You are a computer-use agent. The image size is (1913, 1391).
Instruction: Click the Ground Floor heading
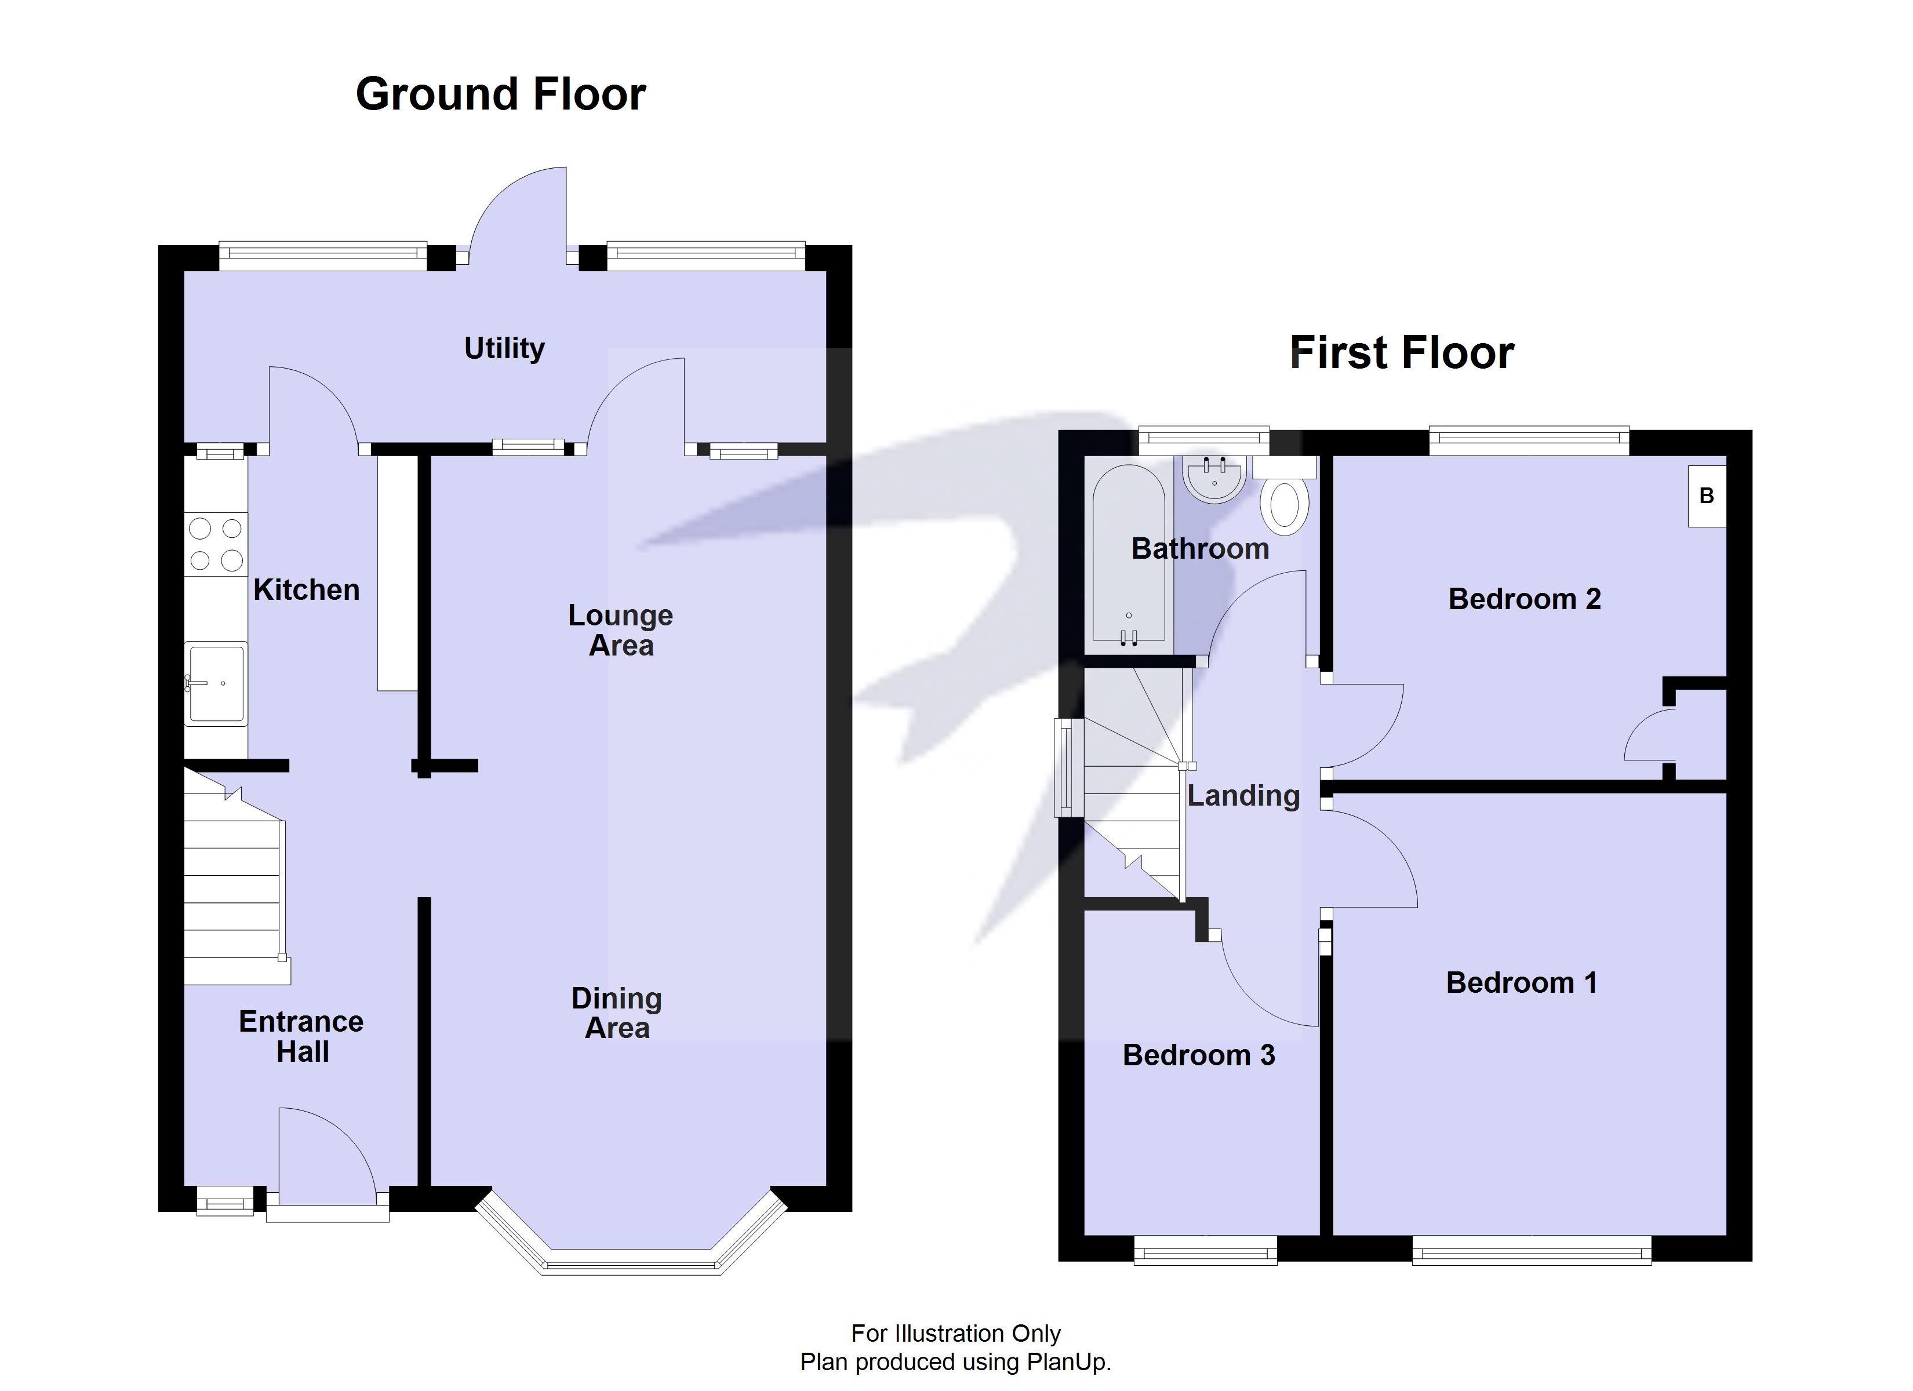click(500, 94)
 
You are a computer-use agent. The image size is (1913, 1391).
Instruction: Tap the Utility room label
click(504, 348)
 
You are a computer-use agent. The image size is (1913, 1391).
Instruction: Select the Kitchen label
click(306, 589)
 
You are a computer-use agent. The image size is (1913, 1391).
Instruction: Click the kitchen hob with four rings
click(216, 544)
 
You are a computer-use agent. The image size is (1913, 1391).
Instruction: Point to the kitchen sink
click(217, 683)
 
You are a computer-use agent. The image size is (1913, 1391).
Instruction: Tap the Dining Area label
click(617, 1013)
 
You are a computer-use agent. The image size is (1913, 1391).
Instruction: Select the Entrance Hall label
click(301, 1037)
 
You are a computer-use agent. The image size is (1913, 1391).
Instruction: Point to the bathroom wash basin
click(1214, 478)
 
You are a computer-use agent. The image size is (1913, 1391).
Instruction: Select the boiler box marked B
click(1707, 496)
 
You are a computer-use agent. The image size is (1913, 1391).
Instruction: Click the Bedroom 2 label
click(1524, 599)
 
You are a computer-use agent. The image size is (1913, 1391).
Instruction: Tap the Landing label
click(1243, 795)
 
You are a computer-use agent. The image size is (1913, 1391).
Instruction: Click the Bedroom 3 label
click(1199, 1055)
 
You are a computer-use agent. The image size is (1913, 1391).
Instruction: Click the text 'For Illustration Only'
click(956, 1333)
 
